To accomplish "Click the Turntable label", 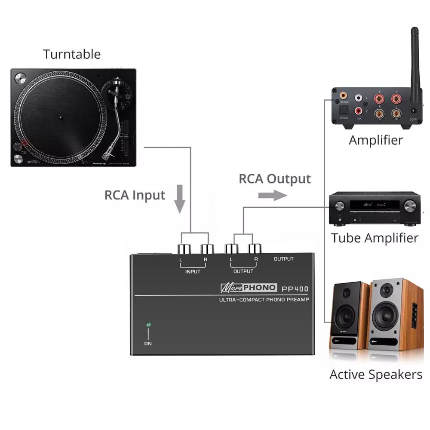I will coord(71,55).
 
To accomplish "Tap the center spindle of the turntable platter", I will coord(60,116).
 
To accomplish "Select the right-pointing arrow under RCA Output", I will coord(272,196).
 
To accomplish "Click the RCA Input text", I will coord(135,195).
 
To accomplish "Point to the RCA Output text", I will coord(274,178).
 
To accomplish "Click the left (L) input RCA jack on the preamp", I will coord(183,249).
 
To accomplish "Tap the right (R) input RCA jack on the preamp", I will coord(206,249).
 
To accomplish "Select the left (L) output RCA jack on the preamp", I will coord(232,249).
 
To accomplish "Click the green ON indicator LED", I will coord(148,325).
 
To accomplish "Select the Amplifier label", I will coord(375,140).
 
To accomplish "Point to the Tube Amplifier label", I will coord(374,238).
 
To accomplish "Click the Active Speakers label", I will coord(375,375).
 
